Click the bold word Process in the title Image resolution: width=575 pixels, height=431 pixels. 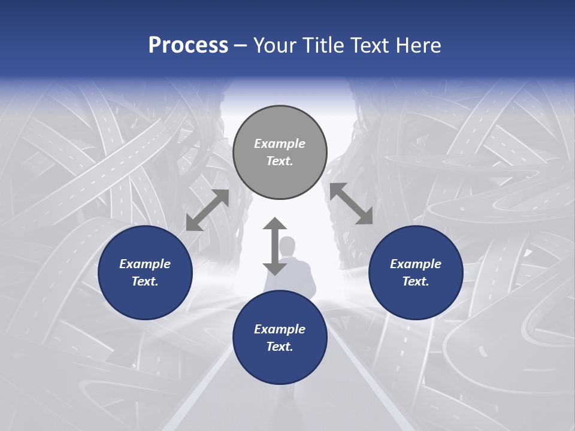tap(188, 45)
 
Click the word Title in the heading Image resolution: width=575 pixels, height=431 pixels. tap(323, 45)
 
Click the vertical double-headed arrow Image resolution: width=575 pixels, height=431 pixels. tap(275, 246)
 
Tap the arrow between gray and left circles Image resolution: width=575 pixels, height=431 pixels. tap(207, 210)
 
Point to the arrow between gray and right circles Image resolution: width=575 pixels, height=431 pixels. tap(351, 204)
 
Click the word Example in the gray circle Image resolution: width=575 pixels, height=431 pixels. tap(280, 144)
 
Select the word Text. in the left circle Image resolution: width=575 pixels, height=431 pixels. tap(145, 281)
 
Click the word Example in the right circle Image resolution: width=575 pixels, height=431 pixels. tap(416, 264)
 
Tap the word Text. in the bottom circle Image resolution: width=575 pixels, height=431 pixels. tap(280, 347)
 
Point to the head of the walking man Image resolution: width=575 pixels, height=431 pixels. tap(288, 245)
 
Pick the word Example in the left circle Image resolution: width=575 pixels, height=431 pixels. tap(145, 264)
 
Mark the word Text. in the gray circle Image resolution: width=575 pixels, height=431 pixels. tap(280, 161)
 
